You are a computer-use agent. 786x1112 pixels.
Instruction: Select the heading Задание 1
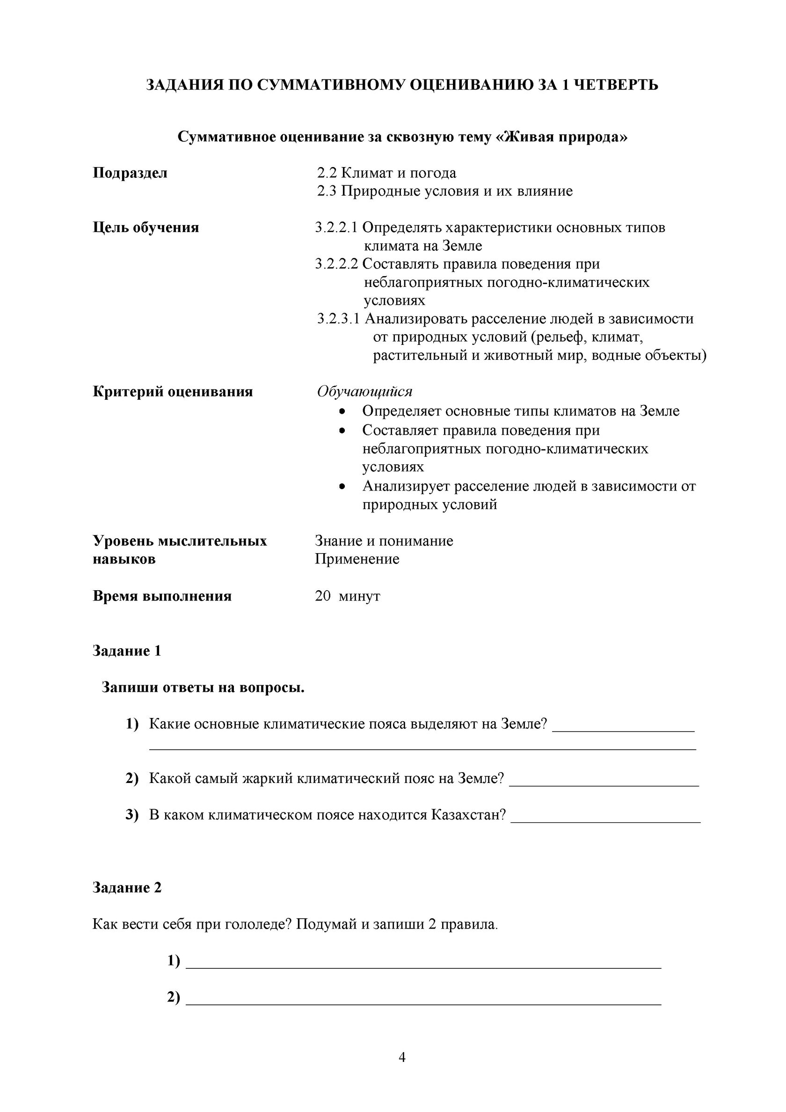click(x=126, y=651)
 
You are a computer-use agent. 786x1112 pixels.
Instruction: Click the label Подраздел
click(x=130, y=173)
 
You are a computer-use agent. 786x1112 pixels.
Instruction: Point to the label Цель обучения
click(x=146, y=227)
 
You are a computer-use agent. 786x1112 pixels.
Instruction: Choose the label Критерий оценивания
click(x=173, y=391)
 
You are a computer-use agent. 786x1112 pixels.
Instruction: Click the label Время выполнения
click(x=162, y=596)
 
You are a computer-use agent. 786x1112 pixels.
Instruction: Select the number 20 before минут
click(x=322, y=596)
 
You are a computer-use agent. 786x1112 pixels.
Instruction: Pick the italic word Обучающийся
click(x=364, y=391)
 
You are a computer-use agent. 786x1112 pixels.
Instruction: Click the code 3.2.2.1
click(x=336, y=227)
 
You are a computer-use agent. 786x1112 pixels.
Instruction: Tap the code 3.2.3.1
click(x=339, y=319)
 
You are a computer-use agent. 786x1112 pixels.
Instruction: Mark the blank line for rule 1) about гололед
click(x=423, y=967)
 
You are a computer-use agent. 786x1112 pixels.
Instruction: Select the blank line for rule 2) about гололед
click(x=423, y=1003)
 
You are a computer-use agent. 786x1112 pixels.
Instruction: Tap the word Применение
click(x=357, y=559)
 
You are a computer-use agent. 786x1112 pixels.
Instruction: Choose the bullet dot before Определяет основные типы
click(x=342, y=412)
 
